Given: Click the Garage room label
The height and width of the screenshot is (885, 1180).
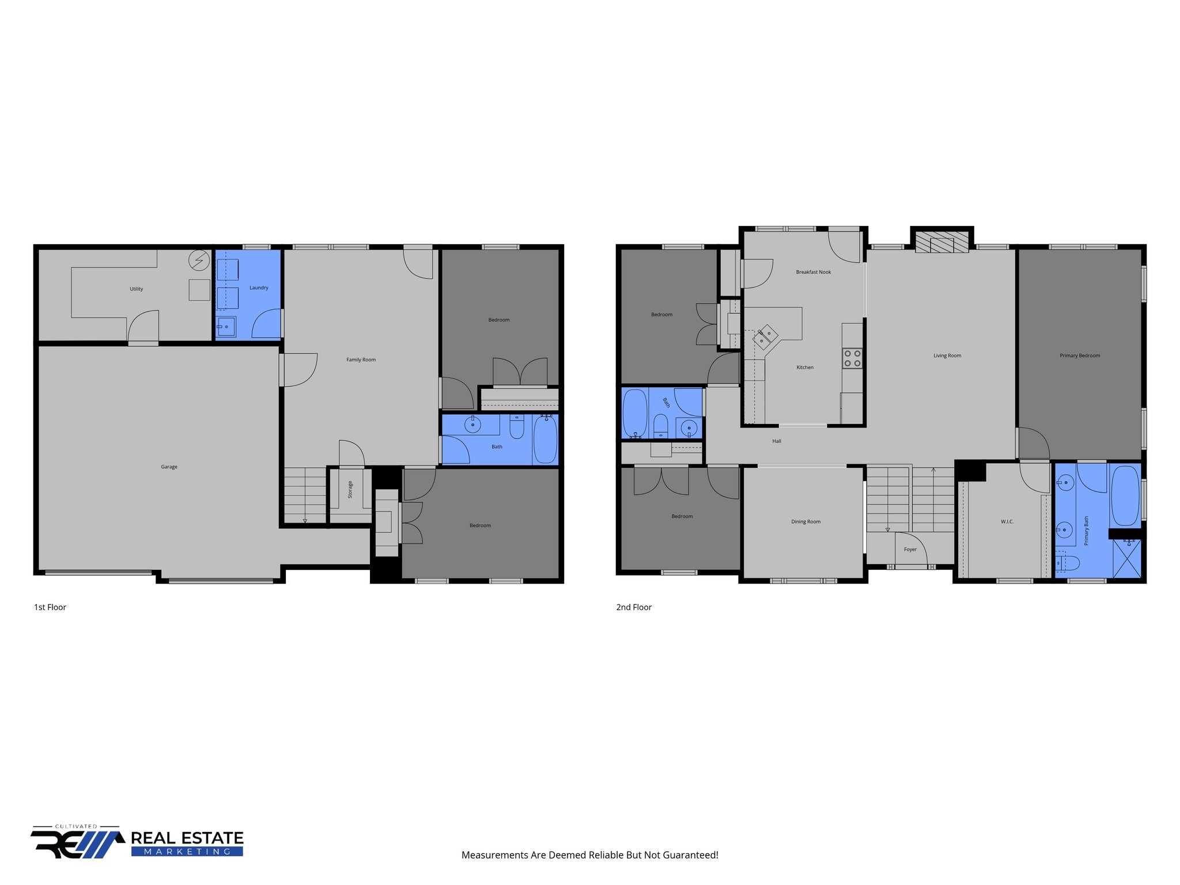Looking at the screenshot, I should tap(169, 467).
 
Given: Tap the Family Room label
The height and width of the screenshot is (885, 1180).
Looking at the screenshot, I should tap(361, 360).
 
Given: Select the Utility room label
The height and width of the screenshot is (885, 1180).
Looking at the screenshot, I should tap(136, 289).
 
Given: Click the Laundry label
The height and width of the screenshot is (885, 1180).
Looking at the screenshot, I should tap(259, 288).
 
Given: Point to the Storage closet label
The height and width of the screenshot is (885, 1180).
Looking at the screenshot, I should tap(350, 490).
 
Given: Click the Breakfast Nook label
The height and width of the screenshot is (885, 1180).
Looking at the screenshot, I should tap(813, 272).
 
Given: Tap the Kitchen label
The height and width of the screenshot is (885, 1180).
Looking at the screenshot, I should tap(805, 367).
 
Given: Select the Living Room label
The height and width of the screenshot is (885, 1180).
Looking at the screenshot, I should tap(947, 355).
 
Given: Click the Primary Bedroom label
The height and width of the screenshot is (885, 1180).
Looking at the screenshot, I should tap(1079, 355).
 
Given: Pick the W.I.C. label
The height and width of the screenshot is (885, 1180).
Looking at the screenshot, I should tap(1007, 521).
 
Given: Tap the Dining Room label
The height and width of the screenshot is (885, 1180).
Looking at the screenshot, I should tap(805, 521).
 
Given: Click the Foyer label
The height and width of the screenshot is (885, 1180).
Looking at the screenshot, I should tap(910, 549).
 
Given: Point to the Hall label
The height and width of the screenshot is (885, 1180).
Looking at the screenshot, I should tap(777, 441).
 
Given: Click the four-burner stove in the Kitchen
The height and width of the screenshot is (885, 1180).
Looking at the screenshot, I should tap(852, 358).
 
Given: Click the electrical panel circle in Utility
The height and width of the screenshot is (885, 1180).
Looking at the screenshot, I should tap(199, 261).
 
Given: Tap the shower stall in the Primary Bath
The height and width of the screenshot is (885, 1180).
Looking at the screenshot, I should tap(1126, 558).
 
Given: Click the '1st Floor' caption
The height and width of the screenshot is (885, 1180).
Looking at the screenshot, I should tap(50, 607).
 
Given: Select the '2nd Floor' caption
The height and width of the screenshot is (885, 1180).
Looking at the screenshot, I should tap(634, 607).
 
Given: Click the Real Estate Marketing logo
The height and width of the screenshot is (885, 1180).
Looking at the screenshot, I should tap(137, 843).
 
